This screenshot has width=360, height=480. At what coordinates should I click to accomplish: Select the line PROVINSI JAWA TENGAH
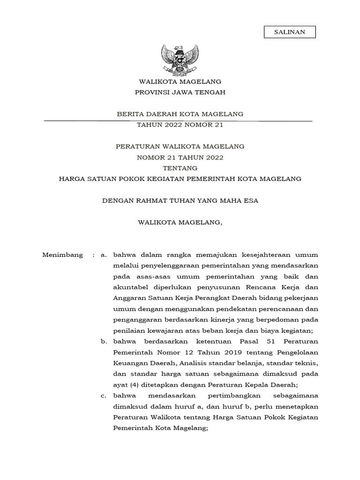[180, 92]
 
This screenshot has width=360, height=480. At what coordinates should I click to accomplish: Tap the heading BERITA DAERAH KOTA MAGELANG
[180, 114]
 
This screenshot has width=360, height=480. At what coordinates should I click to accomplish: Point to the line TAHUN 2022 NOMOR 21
[180, 125]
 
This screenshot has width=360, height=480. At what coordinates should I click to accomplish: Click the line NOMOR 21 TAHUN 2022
[180, 157]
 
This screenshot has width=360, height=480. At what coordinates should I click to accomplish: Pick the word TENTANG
[180, 168]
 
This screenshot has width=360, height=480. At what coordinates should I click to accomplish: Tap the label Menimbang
[62, 255]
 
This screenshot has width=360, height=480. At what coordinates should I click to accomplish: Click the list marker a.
[104, 255]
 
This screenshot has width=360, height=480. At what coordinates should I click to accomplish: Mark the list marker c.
[104, 396]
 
